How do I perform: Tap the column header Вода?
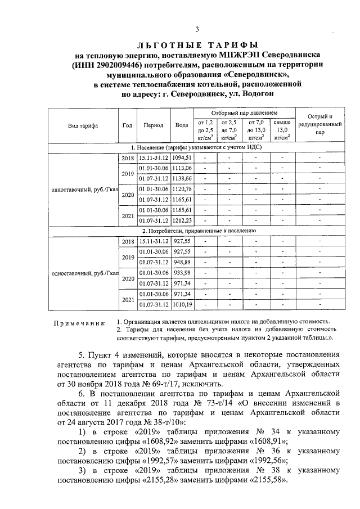coord(181,125)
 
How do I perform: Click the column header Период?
coord(154,125)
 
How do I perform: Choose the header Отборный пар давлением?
coord(244,113)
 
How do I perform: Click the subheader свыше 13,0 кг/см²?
coord(281,129)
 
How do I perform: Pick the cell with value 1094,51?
coord(182,158)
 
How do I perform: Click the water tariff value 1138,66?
coord(182,178)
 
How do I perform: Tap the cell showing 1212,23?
coord(182,220)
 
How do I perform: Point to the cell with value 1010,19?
coord(182,304)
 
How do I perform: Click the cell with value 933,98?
coord(182,273)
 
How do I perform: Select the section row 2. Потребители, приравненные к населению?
coord(199,231)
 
